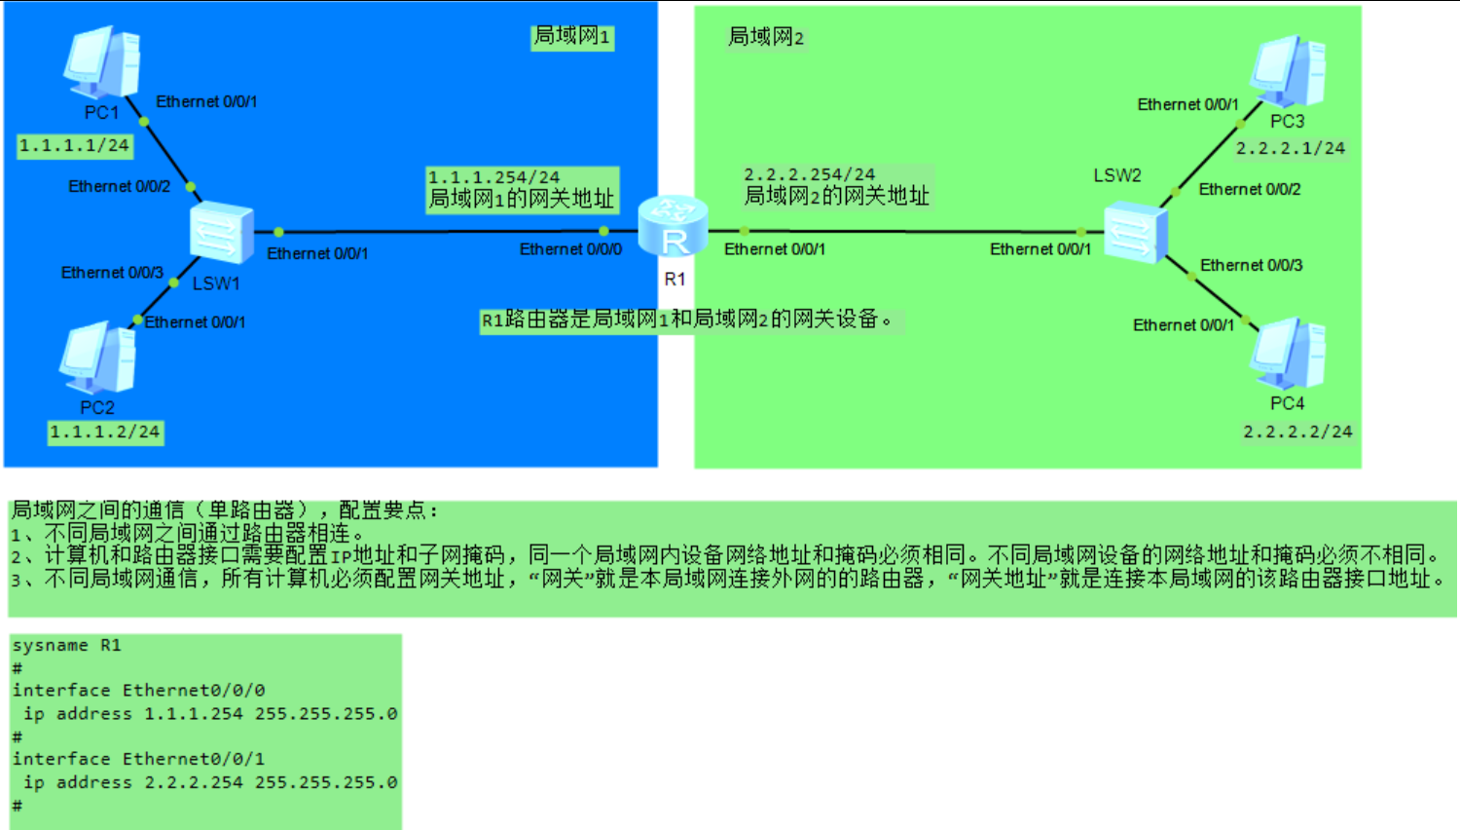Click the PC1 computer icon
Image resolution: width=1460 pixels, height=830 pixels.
102,62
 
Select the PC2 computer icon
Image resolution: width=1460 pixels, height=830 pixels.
97,358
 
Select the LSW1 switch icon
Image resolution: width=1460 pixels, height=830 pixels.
221,233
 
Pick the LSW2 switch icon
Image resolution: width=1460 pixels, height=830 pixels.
1134,232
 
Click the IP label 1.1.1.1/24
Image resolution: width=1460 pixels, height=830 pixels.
74,145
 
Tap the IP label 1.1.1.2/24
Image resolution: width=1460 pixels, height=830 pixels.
105,432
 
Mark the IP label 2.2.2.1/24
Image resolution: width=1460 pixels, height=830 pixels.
1291,148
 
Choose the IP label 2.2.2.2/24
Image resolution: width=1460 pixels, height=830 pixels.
1297,431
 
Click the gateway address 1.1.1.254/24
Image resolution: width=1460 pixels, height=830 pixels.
493,177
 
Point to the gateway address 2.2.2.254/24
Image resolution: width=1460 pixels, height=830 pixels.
809,174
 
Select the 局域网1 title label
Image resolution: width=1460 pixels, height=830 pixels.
571,36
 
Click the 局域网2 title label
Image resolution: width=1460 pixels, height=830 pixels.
766,37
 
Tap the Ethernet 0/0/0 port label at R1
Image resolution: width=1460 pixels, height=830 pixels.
570,249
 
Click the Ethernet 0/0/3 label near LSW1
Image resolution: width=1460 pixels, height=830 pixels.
112,273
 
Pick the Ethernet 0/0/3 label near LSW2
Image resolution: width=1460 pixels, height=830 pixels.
1251,265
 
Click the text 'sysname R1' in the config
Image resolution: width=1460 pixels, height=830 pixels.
66,645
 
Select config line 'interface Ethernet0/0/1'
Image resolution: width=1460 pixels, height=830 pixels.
138,759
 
